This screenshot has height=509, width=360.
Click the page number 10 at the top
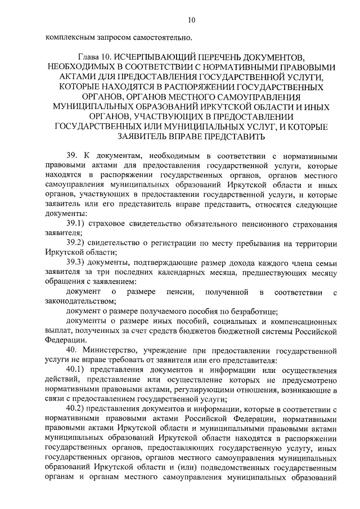191,20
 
